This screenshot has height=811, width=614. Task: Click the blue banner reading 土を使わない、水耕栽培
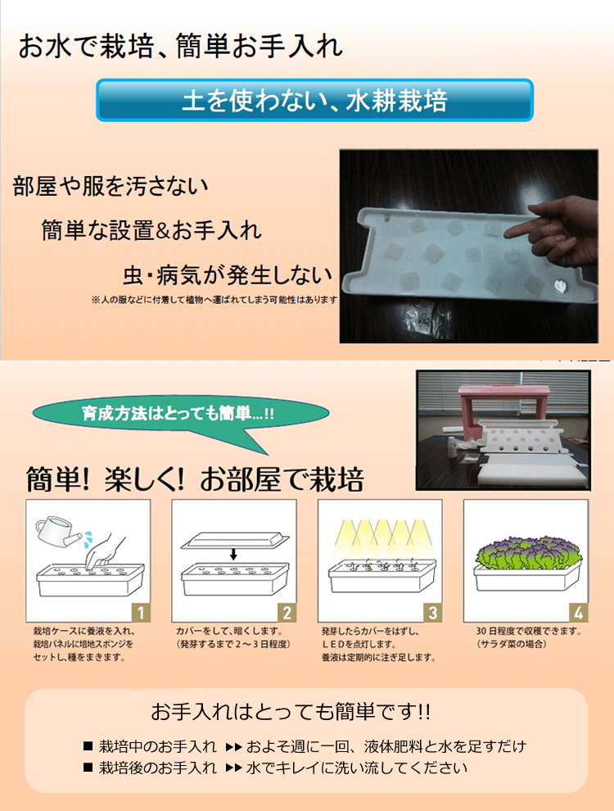314,100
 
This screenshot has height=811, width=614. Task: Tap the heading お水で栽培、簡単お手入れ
181,46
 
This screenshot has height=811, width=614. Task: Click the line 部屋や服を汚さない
111,186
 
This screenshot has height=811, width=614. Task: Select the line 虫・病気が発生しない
228,274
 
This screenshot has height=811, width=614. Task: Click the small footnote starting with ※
214,300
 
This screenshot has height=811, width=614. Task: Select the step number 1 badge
141,613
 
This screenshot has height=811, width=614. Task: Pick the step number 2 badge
287,613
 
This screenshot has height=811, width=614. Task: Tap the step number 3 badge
432,613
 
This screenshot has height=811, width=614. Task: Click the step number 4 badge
578,613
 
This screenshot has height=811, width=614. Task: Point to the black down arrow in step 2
233,555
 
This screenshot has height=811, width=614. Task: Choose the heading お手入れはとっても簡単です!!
291,712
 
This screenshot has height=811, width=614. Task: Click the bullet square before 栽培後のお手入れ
88,768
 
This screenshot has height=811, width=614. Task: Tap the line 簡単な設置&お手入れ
151,230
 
